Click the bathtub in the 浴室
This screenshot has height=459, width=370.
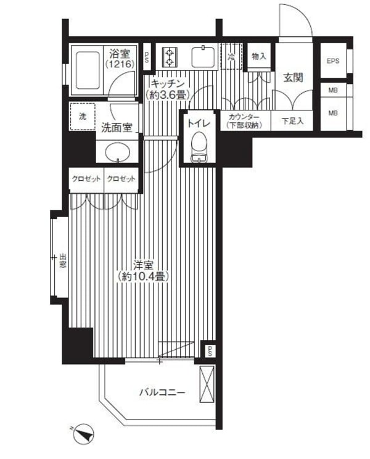coord(88,70)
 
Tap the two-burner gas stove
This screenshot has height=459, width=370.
coord(170,57)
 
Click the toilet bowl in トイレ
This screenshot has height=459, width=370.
coord(199,146)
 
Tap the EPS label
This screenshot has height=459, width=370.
coord(333,61)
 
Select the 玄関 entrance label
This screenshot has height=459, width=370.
coord(293,78)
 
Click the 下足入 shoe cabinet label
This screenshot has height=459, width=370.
coord(292,121)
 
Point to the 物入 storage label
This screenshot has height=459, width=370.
coord(259,57)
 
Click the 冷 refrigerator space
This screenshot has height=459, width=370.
coord(231,57)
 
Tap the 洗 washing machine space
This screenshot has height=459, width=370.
coord(83,116)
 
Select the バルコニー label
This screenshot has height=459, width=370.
coord(162,392)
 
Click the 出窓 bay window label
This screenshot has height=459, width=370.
coord(63,261)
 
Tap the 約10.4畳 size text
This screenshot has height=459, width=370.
coord(143,276)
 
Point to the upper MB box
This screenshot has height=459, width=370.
coord(333,91)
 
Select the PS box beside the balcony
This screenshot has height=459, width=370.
coord(209,349)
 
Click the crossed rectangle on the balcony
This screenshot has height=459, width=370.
coord(207,384)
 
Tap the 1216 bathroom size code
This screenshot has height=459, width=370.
coord(120,64)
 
